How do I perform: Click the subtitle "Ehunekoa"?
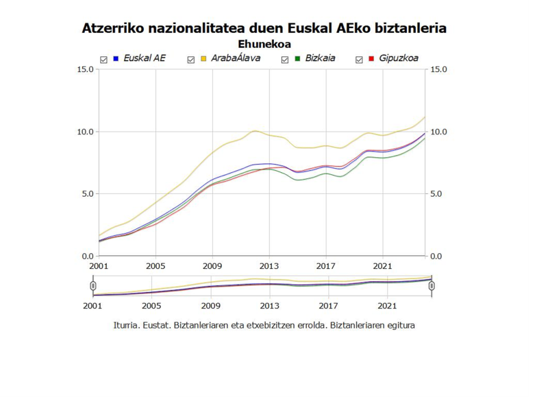coord(264,44)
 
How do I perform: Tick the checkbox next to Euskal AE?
coord(103,60)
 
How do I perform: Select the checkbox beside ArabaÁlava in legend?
coord(191,60)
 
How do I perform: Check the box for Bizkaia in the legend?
coord(286,60)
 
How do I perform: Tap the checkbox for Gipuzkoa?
coord(359,60)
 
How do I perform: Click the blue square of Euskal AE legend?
coord(116,58)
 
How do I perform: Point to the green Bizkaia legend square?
coord(298,58)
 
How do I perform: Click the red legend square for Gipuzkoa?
coord(371,58)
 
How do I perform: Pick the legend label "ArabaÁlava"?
coord(234,58)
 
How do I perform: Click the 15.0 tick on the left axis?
coord(86,69)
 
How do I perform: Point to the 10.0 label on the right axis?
coord(438,132)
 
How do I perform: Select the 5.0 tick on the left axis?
coord(88,193)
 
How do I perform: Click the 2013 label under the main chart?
coord(269,265)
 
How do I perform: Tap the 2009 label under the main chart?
coord(212,265)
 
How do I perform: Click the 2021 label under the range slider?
coord(387,306)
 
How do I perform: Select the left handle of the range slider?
coord(92,285)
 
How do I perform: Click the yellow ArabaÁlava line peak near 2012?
coord(256,130)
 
